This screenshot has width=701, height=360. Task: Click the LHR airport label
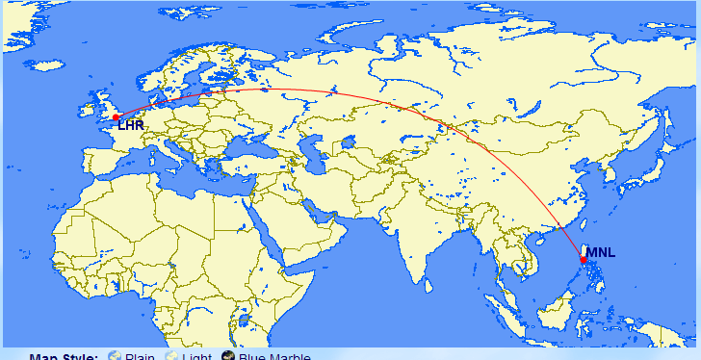131,125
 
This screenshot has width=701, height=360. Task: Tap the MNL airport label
600,253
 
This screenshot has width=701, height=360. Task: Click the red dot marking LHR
116,117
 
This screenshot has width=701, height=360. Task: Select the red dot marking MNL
584,260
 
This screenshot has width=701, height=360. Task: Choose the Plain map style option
140,356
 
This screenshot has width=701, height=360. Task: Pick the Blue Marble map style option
274,356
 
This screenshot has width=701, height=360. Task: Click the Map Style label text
64,356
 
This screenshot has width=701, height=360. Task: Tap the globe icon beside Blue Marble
228,356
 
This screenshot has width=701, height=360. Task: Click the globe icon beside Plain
116,356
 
